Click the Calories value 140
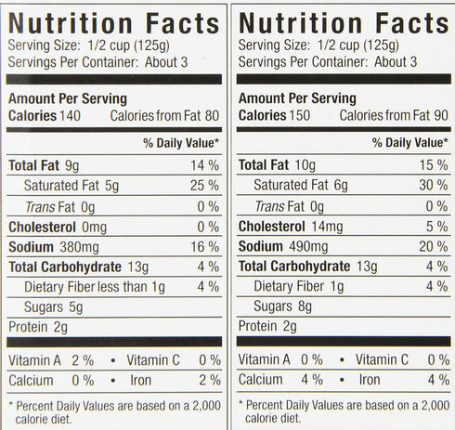coord(70,116)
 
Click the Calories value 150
coord(300,115)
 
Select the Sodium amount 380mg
coord(79,247)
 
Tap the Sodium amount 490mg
coord(308,247)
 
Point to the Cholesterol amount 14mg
coord(327,227)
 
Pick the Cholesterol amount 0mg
coord(94,228)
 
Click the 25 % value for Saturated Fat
coord(204,186)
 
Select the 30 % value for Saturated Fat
coord(434,185)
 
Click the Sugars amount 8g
coord(305,306)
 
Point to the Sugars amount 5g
coord(75,307)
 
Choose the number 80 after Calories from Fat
coord(212,116)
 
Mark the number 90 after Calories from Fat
coord(441,115)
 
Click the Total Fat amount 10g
coord(305,165)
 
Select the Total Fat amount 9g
coord(72,165)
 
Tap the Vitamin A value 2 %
coord(83,360)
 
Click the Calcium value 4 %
coord(312,380)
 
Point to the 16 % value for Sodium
coord(205,247)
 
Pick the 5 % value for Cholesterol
coord(437,227)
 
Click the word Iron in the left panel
coord(141,381)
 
